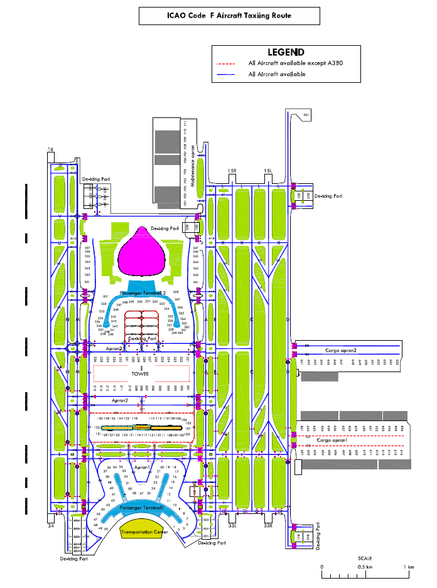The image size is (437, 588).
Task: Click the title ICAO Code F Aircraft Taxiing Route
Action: click(x=229, y=16)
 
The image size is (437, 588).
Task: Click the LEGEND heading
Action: click(x=286, y=52)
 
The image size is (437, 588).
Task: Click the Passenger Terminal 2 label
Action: click(x=143, y=293)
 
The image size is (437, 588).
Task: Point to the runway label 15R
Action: click(x=232, y=171)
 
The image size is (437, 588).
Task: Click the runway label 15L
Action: click(x=267, y=171)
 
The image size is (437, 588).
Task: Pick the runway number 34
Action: click(x=50, y=525)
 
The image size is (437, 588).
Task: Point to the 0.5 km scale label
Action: click(x=365, y=567)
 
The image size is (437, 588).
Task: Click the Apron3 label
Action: click(x=114, y=348)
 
